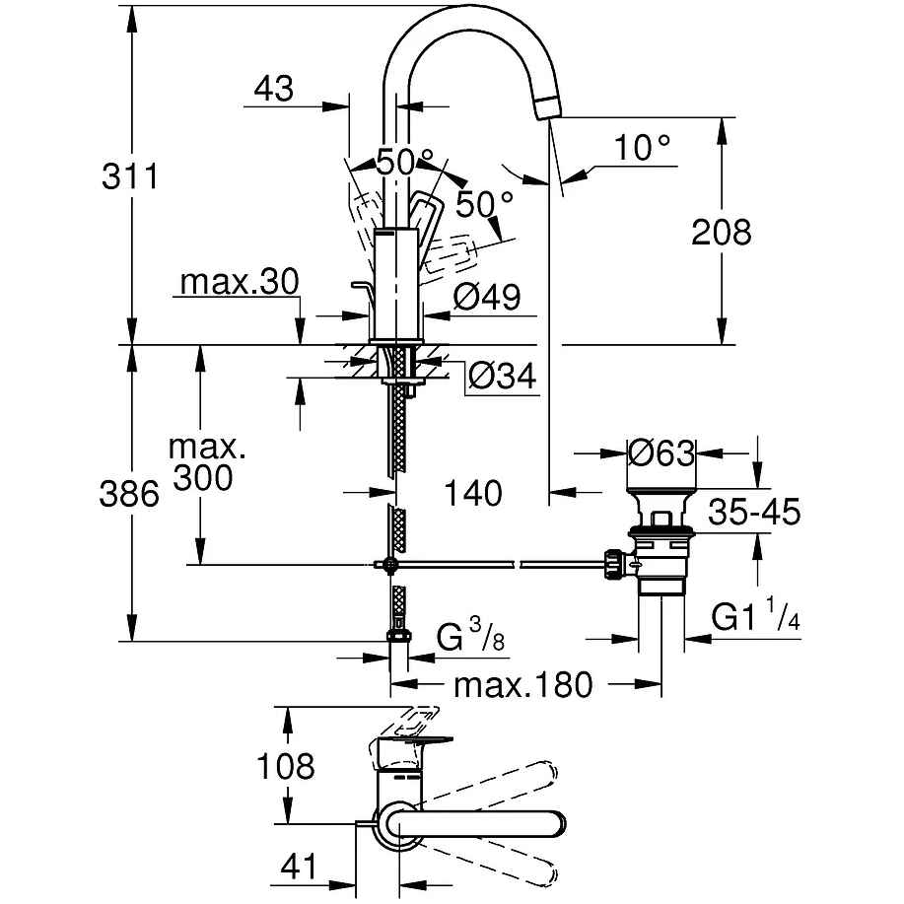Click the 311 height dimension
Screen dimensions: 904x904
click(x=130, y=177)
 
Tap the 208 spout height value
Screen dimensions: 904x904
click(x=722, y=233)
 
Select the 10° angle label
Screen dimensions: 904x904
click(x=641, y=148)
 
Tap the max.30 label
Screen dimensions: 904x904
click(x=239, y=283)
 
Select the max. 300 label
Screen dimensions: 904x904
click(x=204, y=462)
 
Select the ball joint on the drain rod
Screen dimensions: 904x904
click(x=391, y=565)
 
